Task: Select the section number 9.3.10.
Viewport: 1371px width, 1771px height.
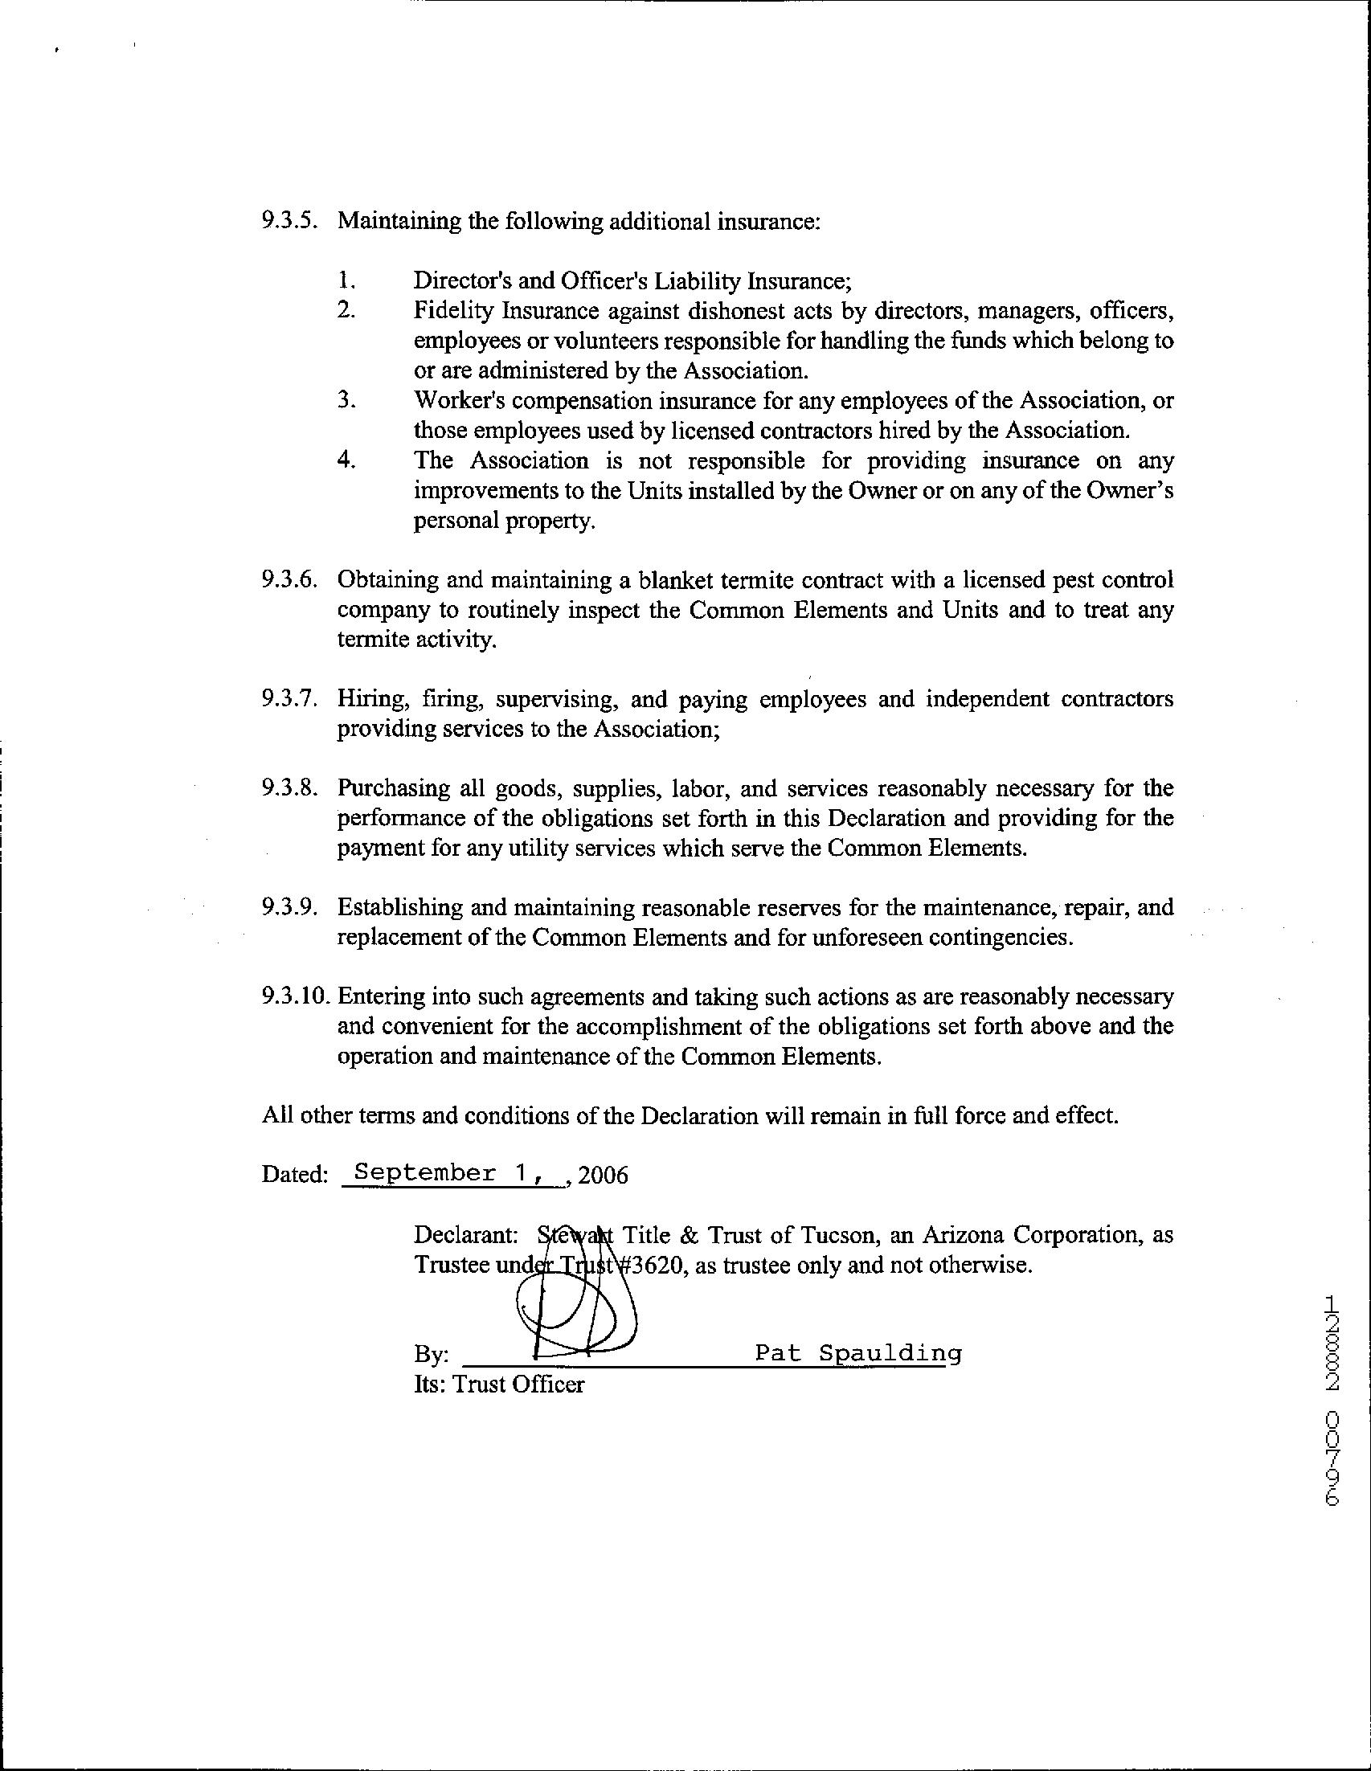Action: pyautogui.click(x=295, y=996)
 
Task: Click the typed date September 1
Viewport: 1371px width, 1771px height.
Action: pyautogui.click(x=442, y=1172)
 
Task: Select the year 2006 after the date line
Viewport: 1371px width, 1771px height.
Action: pyautogui.click(x=604, y=1175)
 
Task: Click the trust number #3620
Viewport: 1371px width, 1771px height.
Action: pyautogui.click(x=651, y=1265)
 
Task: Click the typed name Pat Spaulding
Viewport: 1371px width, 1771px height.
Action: pyautogui.click(x=857, y=1352)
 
